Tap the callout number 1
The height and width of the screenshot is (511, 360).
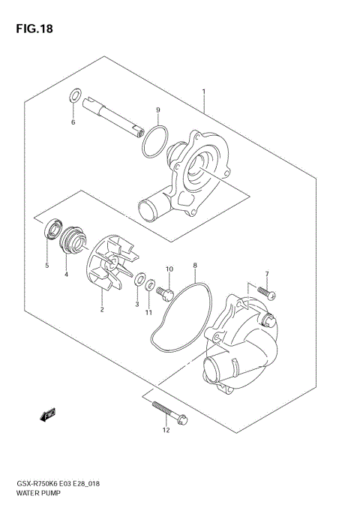202,92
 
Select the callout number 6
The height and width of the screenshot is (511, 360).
73,122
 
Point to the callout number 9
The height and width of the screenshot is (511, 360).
158,110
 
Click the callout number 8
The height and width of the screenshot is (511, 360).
194,265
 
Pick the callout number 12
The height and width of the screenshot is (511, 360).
166,430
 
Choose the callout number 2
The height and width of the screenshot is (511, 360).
102,308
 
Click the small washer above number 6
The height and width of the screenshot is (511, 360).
74,95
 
